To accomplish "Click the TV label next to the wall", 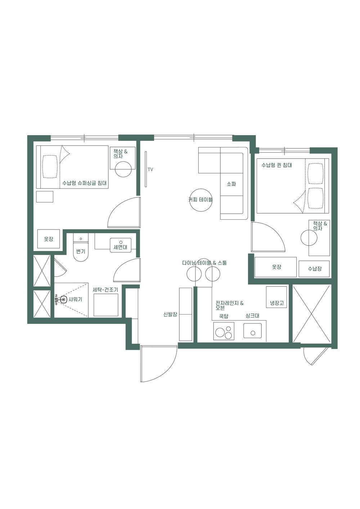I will pyautogui.click(x=150, y=169).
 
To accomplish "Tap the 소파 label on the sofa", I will pyautogui.click(x=231, y=184).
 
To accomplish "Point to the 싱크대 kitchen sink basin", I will pyautogui.click(x=252, y=330).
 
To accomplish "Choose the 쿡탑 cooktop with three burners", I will pyautogui.click(x=224, y=331).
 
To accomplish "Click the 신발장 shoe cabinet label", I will pyautogui.click(x=170, y=314).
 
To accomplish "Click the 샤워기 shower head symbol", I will pyautogui.click(x=62, y=299).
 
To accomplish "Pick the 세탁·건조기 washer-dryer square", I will pyautogui.click(x=106, y=305).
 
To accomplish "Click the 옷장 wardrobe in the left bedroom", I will pyautogui.click(x=49, y=239).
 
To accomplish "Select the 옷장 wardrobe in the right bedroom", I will pyautogui.click(x=276, y=267).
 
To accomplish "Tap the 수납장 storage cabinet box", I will pyautogui.click(x=314, y=269).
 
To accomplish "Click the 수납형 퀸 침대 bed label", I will pyautogui.click(x=276, y=165).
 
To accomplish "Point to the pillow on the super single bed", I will pyautogui.click(x=50, y=166).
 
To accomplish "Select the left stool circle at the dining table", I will pyautogui.click(x=194, y=274).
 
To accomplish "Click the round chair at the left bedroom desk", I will pyautogui.click(x=123, y=169).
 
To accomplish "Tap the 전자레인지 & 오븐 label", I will pyautogui.click(x=229, y=305).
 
